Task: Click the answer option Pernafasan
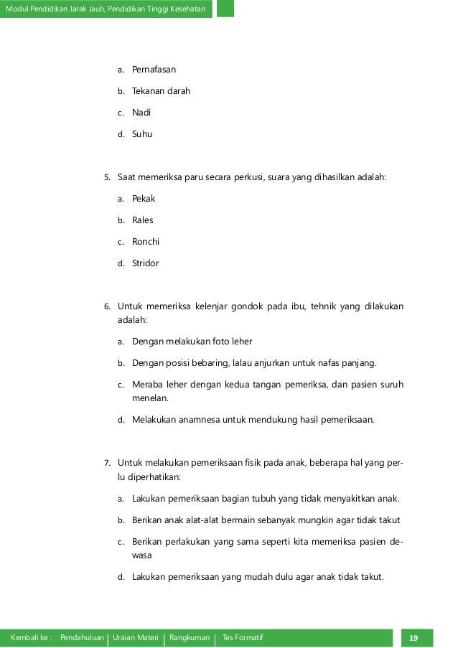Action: [154, 70]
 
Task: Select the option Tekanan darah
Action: [161, 91]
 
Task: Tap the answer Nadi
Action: [141, 113]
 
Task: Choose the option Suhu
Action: [142, 133]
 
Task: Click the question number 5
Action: [107, 177]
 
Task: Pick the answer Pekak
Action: [144, 198]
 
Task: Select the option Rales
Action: [143, 220]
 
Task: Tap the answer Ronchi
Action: [146, 241]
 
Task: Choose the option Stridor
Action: [146, 263]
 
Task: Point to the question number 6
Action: [107, 306]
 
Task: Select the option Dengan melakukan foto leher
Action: [192, 342]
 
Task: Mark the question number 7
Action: [107, 463]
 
